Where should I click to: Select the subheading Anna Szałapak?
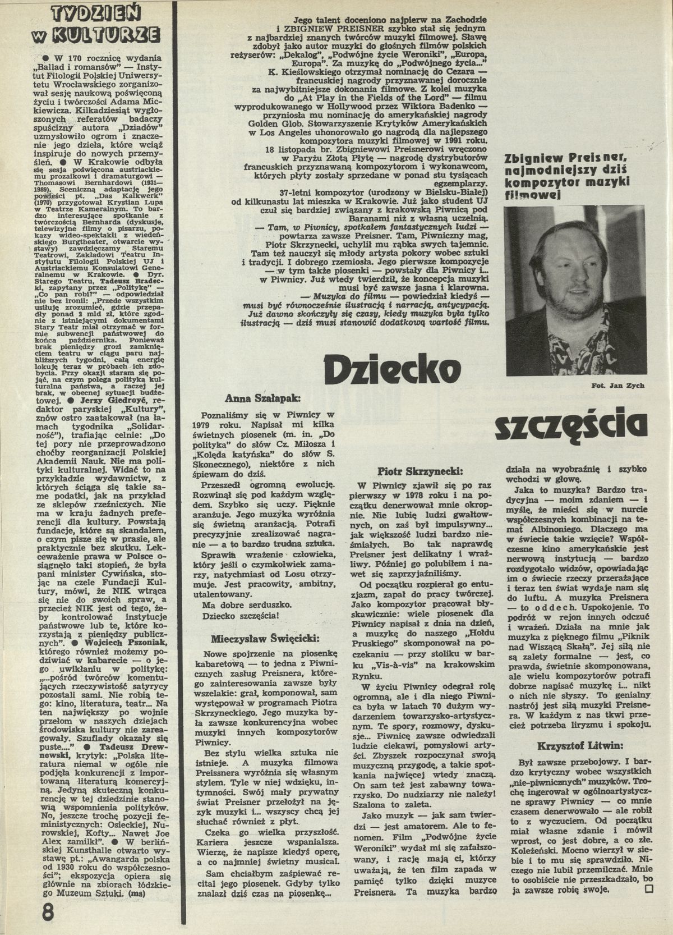[x=262, y=398]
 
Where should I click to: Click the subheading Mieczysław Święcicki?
[x=265, y=639]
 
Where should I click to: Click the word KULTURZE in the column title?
[x=103, y=34]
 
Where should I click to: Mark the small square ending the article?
[x=649, y=905]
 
